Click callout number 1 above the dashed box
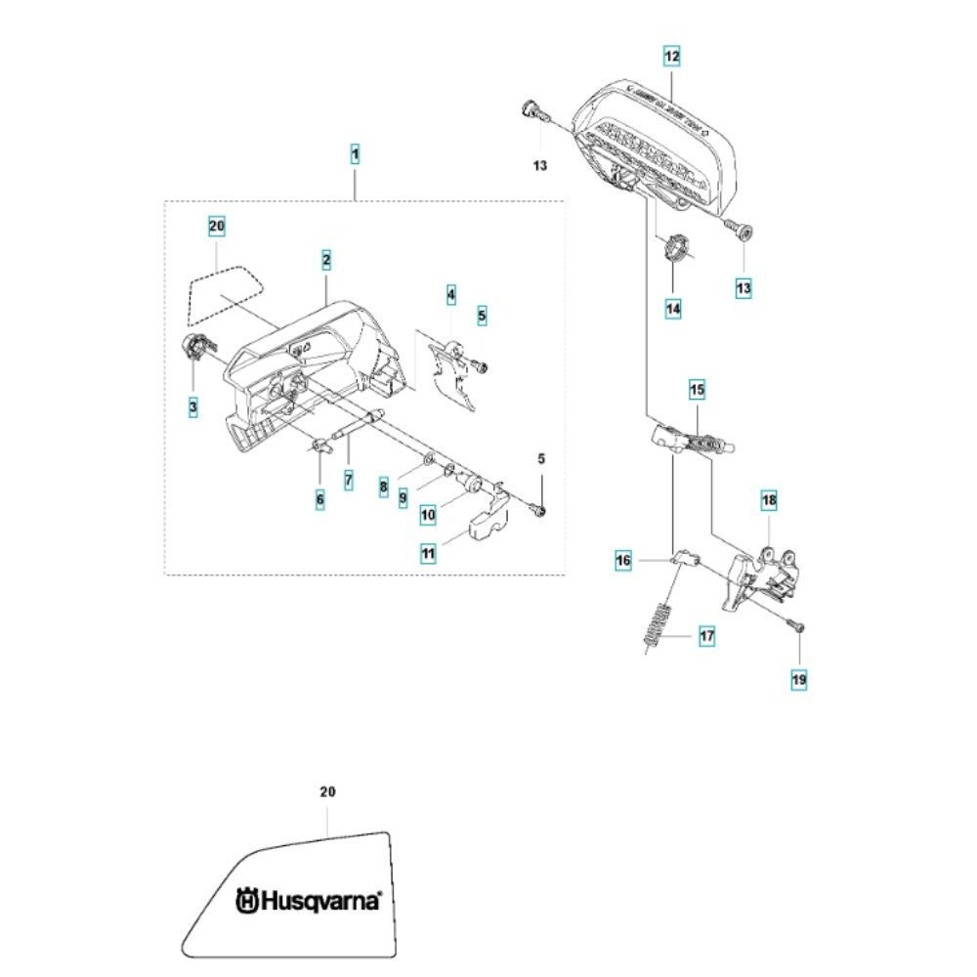(x=356, y=153)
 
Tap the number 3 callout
(x=193, y=404)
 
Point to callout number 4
(x=451, y=293)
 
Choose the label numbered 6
(x=319, y=499)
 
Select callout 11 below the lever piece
(x=428, y=553)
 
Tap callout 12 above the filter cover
(x=671, y=56)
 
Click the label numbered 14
(x=673, y=308)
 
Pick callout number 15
(x=696, y=391)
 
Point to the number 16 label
(x=624, y=561)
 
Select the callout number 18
(x=769, y=501)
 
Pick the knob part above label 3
(x=195, y=345)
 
